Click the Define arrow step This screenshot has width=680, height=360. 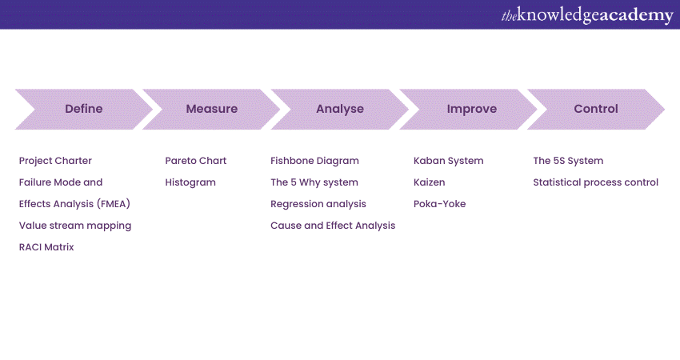click(84, 109)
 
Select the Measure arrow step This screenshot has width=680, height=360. click(212, 109)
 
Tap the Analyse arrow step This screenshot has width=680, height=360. click(340, 109)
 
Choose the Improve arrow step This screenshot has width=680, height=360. click(472, 109)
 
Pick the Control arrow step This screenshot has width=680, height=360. click(596, 109)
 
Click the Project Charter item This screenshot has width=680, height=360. click(55, 161)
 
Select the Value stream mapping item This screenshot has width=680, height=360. click(75, 226)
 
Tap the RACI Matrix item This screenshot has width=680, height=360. click(46, 247)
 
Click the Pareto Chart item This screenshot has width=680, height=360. click(196, 161)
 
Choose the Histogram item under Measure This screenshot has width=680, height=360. click(190, 182)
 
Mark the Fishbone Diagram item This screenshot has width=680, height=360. click(314, 161)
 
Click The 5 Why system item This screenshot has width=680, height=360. click(314, 182)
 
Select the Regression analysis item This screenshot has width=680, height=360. click(318, 204)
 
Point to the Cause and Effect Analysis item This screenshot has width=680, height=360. click(333, 226)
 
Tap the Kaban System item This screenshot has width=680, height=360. click(449, 161)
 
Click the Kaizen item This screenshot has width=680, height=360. click(430, 182)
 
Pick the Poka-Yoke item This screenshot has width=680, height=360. click(439, 204)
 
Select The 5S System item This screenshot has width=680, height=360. click(568, 161)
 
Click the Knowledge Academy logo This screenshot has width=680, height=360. click(587, 15)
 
